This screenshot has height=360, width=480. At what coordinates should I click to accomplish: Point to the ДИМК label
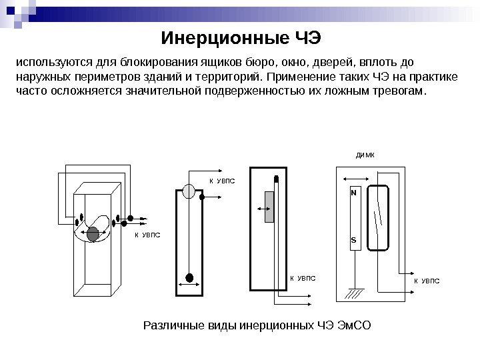[365, 155]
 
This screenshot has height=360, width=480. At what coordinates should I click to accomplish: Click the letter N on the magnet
[354, 191]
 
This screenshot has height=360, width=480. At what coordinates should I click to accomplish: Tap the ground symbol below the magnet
[355, 292]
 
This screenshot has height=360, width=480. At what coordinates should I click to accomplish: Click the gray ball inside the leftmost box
[93, 233]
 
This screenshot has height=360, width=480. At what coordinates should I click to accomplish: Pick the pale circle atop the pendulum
[189, 192]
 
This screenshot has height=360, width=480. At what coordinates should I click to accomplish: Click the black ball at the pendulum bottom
[189, 277]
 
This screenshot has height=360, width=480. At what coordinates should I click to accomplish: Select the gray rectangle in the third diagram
[269, 207]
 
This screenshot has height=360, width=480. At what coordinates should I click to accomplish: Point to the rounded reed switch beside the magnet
[379, 218]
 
